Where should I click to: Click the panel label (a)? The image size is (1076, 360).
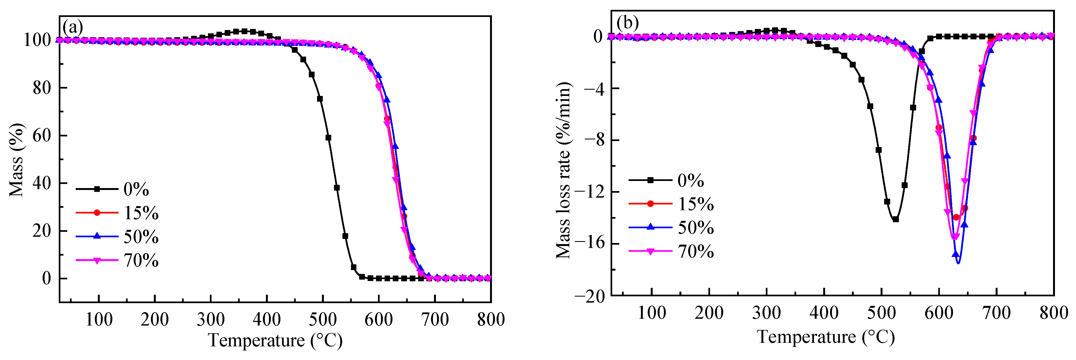coord(73,28)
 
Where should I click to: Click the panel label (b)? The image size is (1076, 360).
coord(628,23)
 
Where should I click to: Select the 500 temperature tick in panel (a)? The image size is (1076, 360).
coord(322,320)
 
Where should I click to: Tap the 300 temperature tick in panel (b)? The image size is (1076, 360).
coord(767,313)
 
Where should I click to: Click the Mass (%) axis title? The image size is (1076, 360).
coord(17,160)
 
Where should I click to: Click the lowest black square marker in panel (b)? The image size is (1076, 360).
coord(896,219)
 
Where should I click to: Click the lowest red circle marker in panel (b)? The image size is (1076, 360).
coord(956,217)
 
